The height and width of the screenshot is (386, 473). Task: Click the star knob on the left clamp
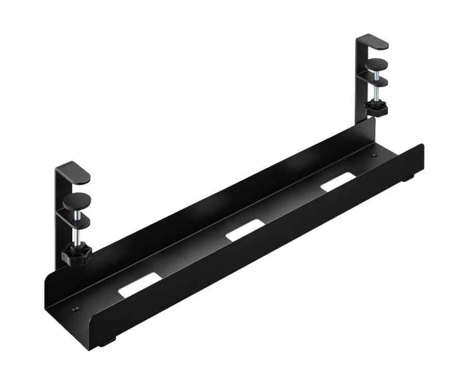pyautogui.click(x=76, y=255)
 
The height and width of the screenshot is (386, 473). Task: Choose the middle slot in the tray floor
pyautogui.click(x=244, y=229)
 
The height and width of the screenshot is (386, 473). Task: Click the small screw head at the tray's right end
pyautogui.click(x=374, y=154)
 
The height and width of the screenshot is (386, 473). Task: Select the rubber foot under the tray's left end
pyautogui.click(x=108, y=342)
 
